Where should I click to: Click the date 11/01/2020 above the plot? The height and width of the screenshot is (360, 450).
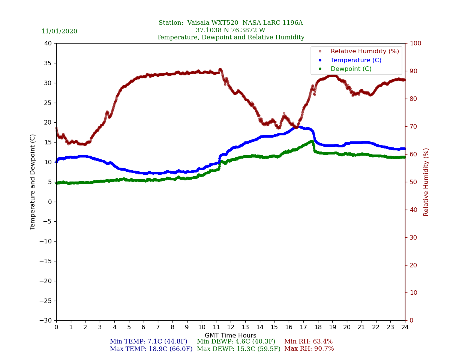[x=59, y=31]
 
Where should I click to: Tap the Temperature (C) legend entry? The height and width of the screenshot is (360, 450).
[x=355, y=60]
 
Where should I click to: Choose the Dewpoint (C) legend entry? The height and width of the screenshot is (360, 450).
[x=351, y=69]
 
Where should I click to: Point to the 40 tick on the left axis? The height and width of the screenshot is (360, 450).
[x=48, y=43]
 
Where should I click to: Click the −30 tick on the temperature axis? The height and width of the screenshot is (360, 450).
[x=46, y=321]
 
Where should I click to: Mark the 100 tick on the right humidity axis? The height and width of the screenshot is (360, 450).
[x=415, y=43]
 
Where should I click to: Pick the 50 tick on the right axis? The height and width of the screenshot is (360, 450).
[x=413, y=182]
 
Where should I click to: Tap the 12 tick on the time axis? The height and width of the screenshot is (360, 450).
[x=231, y=327]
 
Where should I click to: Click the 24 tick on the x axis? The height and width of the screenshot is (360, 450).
[x=405, y=327]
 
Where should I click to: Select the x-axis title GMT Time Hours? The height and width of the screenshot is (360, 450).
[x=231, y=336]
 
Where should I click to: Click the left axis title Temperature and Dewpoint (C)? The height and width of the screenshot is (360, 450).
[x=33, y=182]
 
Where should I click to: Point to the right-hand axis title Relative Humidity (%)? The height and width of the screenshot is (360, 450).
[x=426, y=182]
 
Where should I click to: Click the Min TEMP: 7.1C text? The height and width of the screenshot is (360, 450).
[x=148, y=342]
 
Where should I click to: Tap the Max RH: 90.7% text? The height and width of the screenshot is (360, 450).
[x=309, y=349]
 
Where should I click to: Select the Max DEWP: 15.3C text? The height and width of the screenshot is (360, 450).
[x=238, y=349]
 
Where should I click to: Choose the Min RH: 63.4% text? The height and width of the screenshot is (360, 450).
[x=308, y=342]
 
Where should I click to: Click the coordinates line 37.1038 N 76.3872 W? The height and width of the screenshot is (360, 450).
[x=231, y=30]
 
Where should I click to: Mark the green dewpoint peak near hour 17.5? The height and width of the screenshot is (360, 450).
[x=312, y=141]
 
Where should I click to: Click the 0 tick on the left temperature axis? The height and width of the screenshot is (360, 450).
[x=51, y=202]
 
